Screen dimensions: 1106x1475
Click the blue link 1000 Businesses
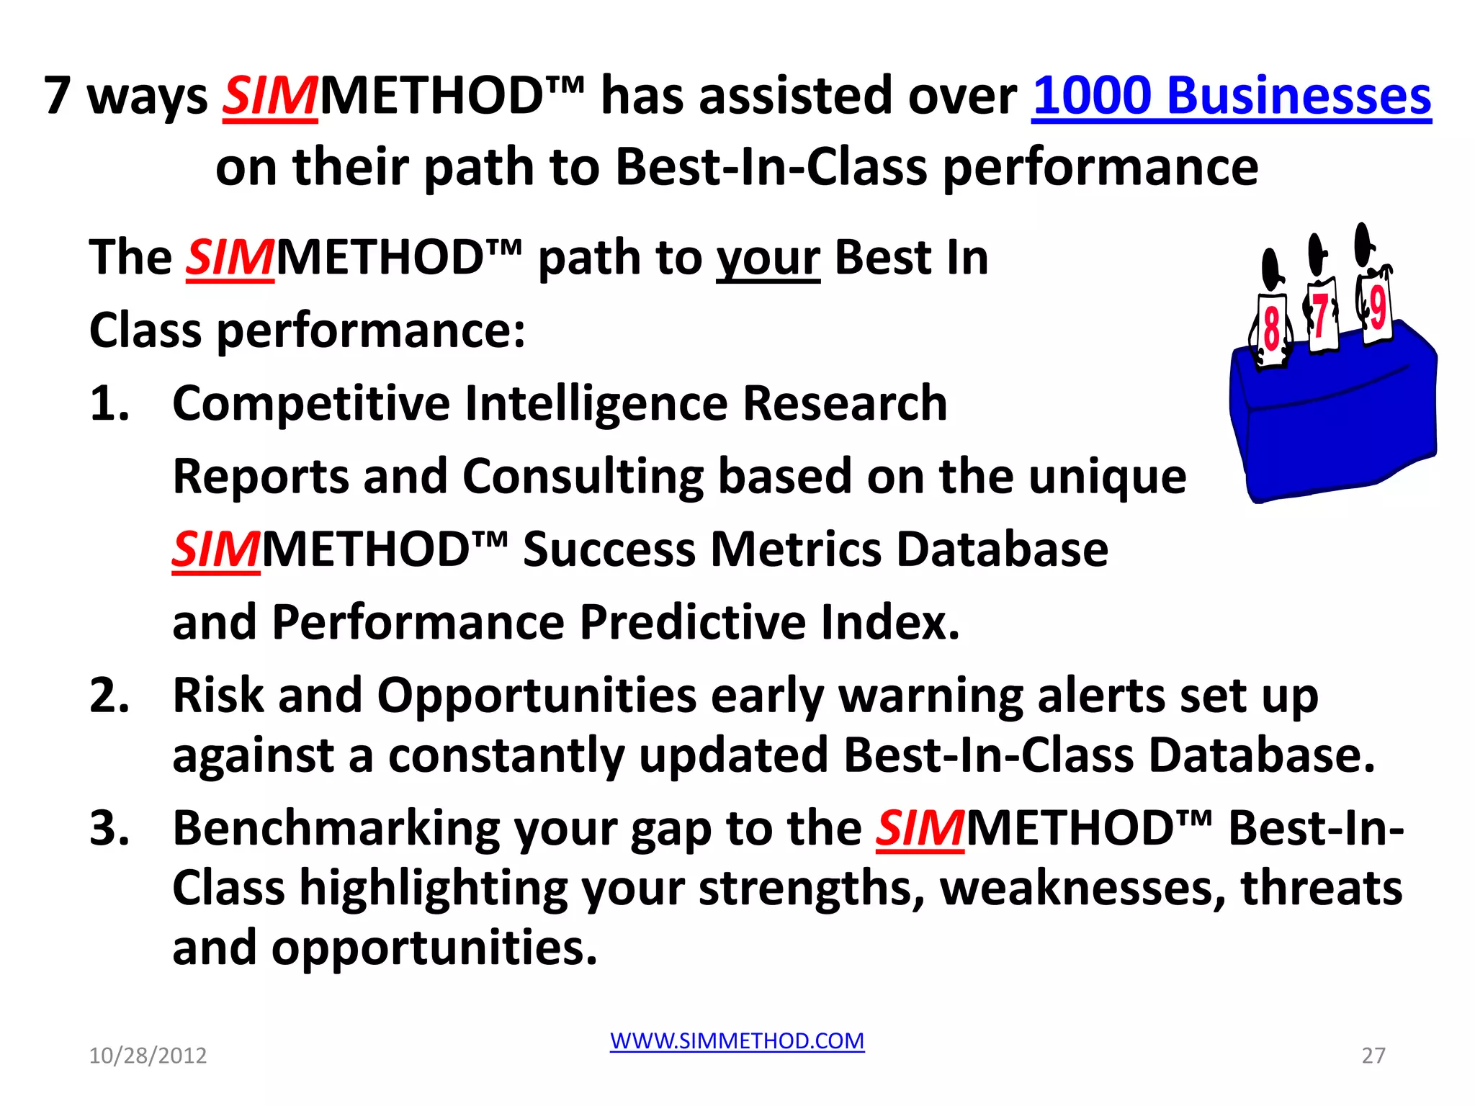(x=1232, y=95)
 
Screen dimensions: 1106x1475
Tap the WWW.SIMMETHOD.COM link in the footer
(x=737, y=1040)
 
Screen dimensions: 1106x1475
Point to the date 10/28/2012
(x=148, y=1056)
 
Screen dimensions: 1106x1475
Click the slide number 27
(x=1373, y=1056)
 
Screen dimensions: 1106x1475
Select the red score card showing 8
(x=1272, y=330)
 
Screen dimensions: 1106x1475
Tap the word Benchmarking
(x=336, y=828)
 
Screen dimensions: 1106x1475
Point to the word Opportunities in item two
(x=537, y=696)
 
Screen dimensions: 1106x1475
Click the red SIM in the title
(x=269, y=95)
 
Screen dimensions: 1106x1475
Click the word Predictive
(x=692, y=621)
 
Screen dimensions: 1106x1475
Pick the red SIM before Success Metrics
(x=215, y=549)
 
